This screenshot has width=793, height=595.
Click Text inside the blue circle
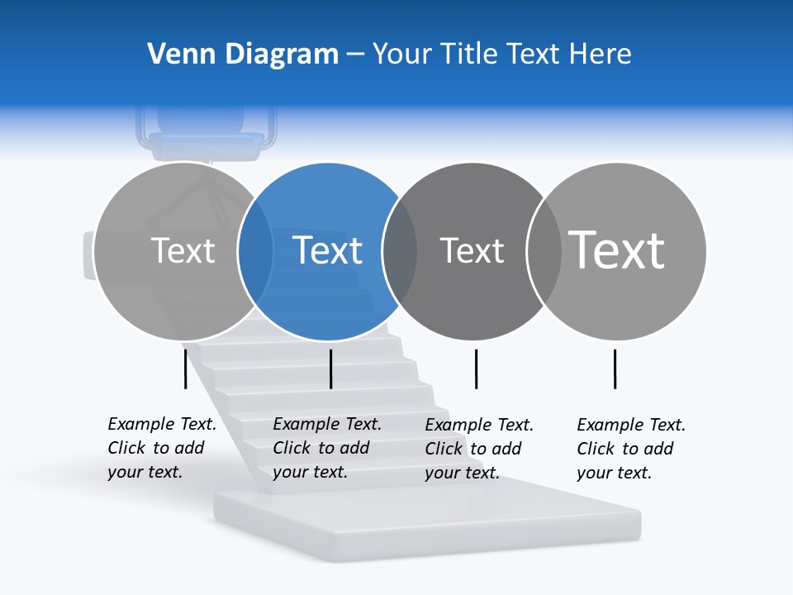pos(328,250)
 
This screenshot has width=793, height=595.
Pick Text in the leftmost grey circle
pos(183,250)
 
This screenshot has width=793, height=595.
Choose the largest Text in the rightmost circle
pos(617,250)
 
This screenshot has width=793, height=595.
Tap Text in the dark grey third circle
pos(472,250)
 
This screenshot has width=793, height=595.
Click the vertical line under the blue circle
pos(330,369)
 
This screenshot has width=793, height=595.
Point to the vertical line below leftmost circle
pos(186,369)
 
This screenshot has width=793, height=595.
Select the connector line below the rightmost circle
pos(615,369)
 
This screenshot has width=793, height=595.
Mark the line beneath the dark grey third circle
pos(476,369)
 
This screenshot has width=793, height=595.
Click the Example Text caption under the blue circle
pos(326,448)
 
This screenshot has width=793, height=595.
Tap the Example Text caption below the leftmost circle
pos(161,448)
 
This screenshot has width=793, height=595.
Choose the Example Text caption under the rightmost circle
pos(630,449)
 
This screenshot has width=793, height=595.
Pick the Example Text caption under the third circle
pos(478,449)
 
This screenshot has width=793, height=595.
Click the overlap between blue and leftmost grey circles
pos(255,250)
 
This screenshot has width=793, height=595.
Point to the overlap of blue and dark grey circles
pos(400,250)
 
